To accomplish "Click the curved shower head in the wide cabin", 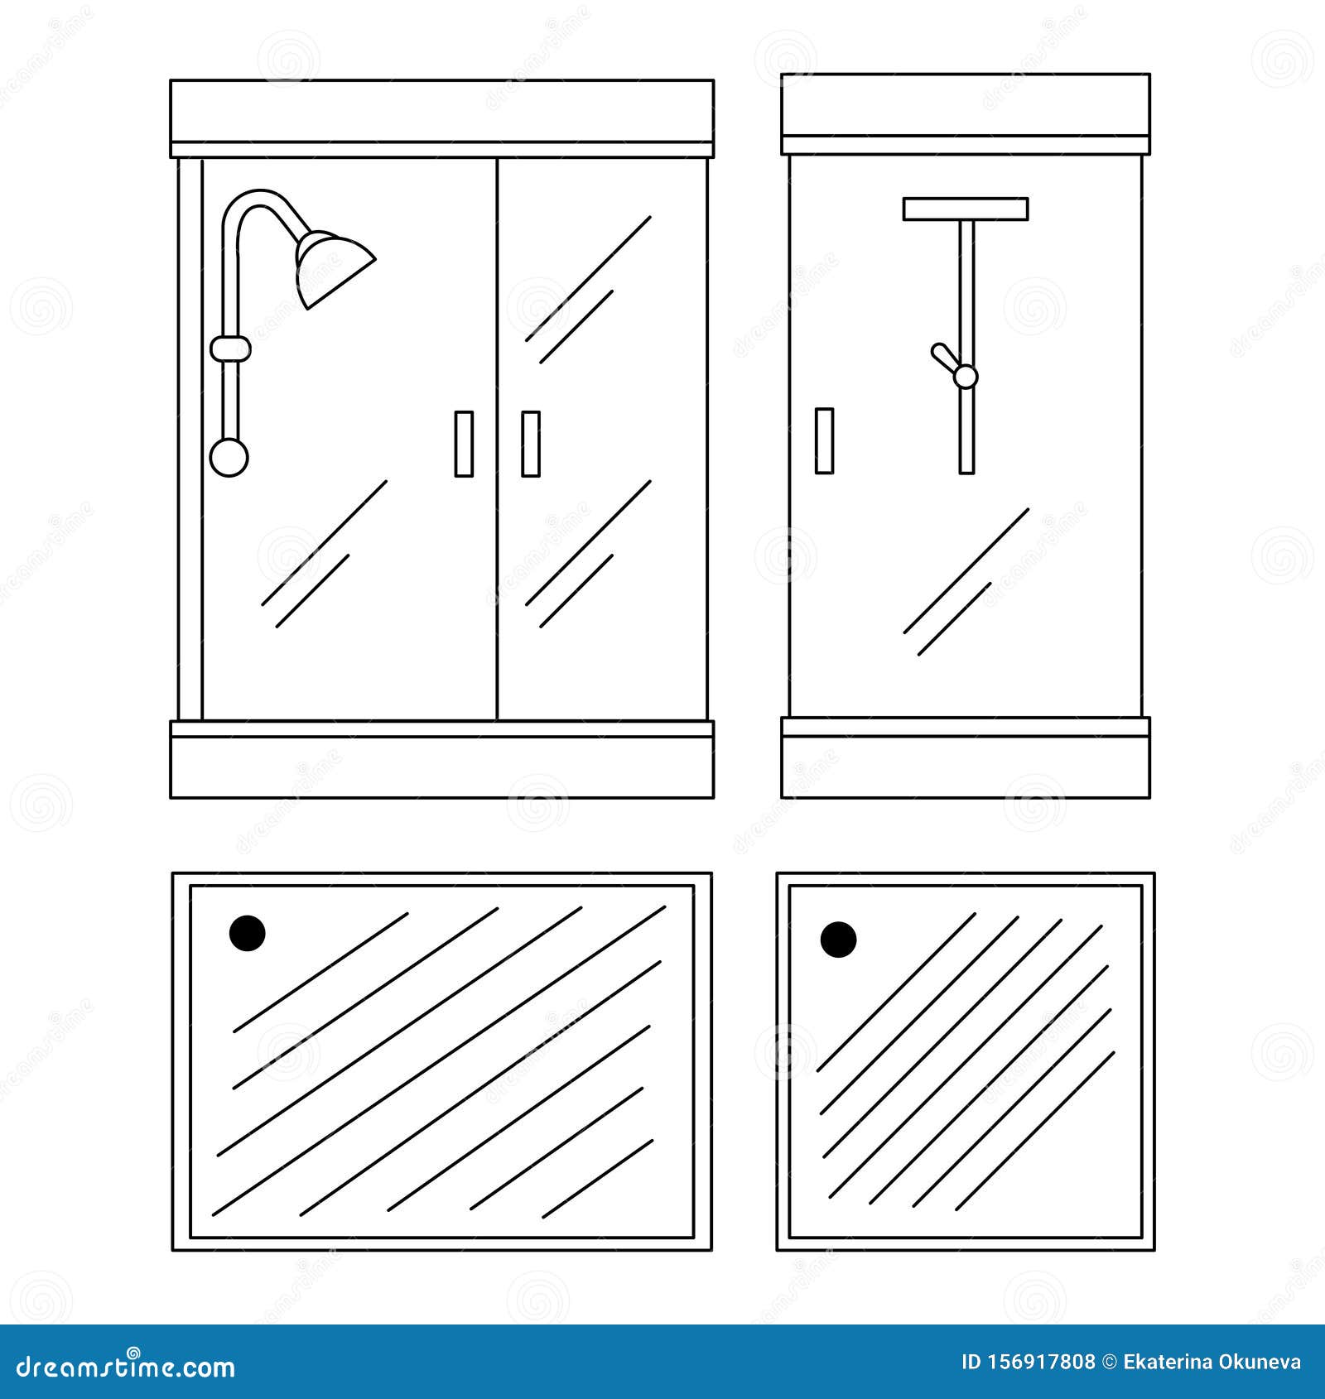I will click(331, 265).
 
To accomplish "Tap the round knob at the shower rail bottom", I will click(229, 457).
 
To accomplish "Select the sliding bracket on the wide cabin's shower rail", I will click(230, 349).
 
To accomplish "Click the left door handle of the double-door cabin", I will click(464, 444).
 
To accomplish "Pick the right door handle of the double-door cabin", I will click(531, 444).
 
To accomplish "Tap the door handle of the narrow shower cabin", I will click(824, 440).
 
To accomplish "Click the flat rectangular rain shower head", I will click(966, 209).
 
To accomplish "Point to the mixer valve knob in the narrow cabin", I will click(965, 377).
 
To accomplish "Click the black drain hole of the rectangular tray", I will click(247, 933).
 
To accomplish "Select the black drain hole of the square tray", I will click(838, 940).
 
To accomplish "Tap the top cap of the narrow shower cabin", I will click(966, 105).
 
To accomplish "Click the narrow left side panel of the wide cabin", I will click(190, 439).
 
